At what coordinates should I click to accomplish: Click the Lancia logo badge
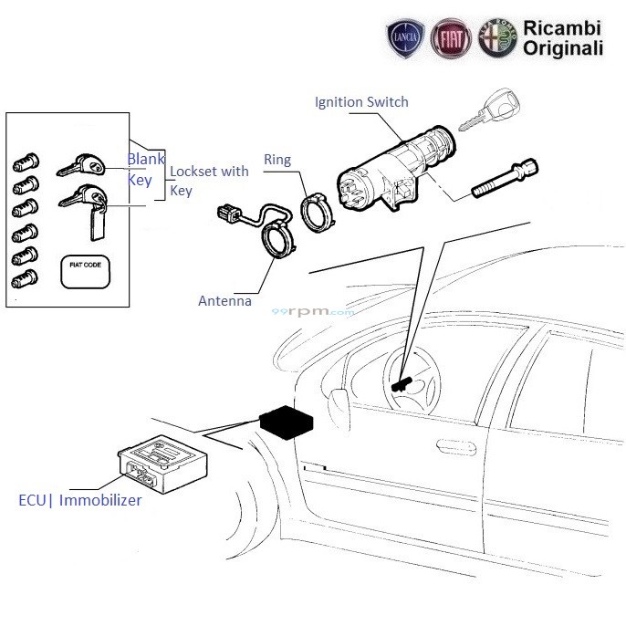point(404,40)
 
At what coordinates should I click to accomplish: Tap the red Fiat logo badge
point(451,40)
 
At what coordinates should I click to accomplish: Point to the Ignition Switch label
point(361,102)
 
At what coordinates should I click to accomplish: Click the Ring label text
point(276,160)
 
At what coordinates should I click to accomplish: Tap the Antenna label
point(224,301)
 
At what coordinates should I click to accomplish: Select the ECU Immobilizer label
point(80,500)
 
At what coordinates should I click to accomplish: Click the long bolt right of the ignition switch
point(506,182)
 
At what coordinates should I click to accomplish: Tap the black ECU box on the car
point(287,423)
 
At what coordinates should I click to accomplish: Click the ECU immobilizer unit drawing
point(161,463)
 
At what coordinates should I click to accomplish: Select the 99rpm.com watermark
point(312,312)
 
